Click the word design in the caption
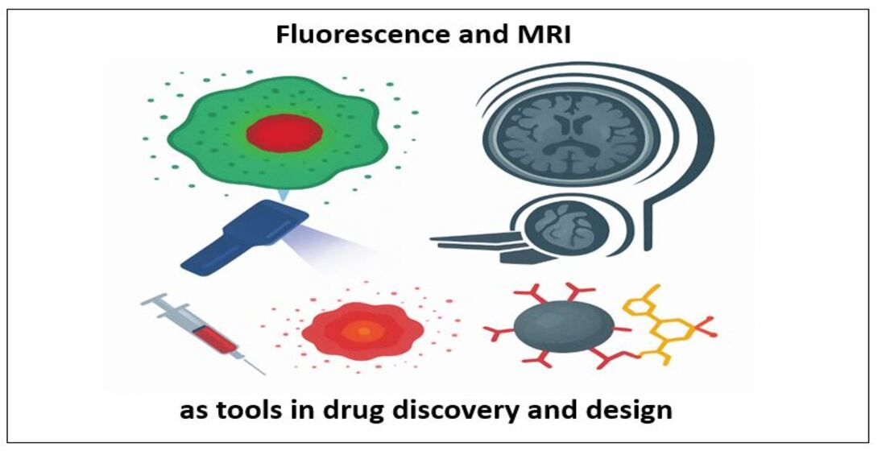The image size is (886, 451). [631, 410]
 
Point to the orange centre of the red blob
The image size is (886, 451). [363, 330]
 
